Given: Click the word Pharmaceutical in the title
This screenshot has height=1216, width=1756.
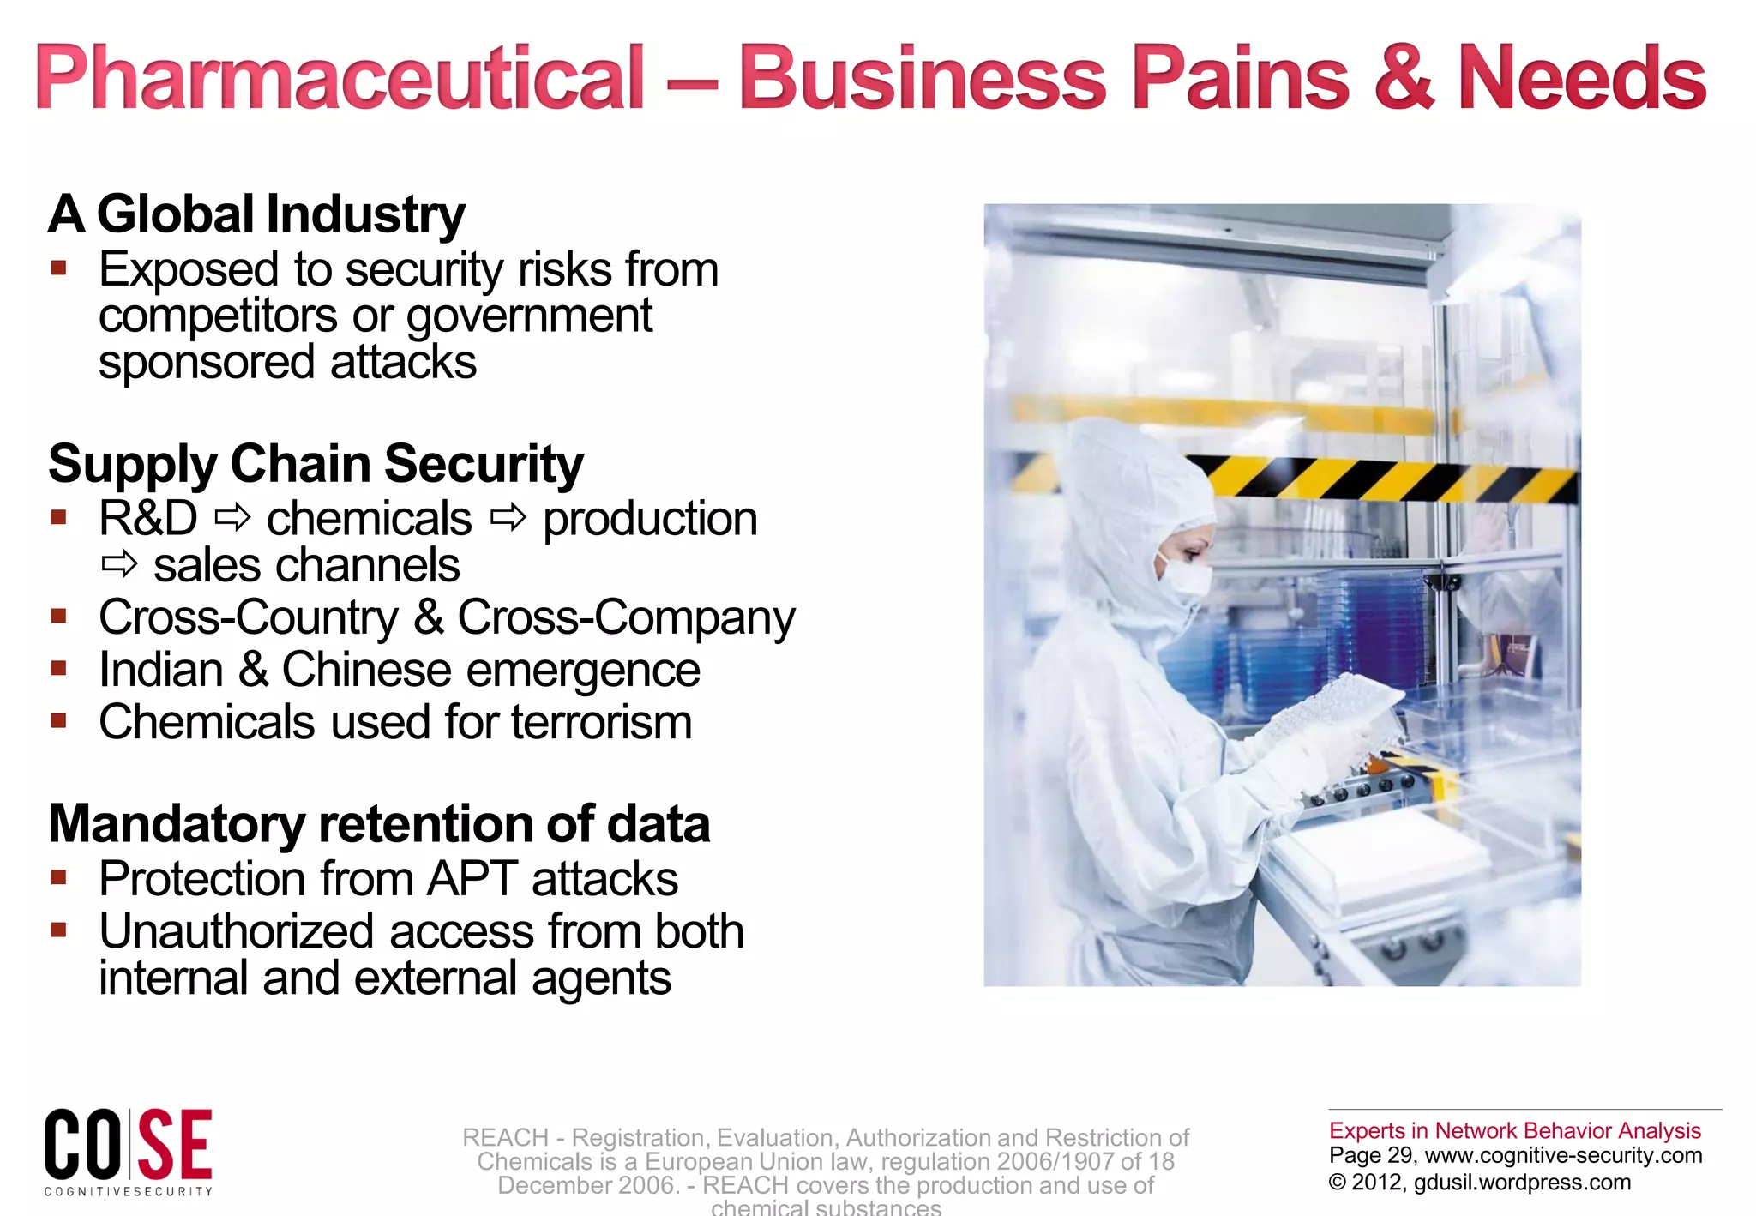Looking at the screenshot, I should [x=339, y=79].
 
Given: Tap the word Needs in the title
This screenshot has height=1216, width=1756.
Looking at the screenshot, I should [x=1582, y=79].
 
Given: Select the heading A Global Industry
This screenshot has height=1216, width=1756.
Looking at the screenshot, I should [x=256, y=214].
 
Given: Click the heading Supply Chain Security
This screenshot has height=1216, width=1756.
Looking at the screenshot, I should [x=316, y=464].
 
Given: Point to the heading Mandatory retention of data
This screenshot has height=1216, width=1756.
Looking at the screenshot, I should [x=379, y=824].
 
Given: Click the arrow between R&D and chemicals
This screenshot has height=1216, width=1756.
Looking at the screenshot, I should [x=232, y=518].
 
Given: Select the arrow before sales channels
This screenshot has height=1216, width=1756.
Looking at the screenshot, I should [x=119, y=564].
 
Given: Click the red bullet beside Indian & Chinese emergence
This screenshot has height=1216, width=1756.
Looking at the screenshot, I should [x=58, y=668].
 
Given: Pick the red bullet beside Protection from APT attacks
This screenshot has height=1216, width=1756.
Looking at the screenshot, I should [x=58, y=877].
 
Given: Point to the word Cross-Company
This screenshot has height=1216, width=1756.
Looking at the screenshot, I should [x=626, y=617].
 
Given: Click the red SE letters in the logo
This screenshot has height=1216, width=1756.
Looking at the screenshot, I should [x=175, y=1145].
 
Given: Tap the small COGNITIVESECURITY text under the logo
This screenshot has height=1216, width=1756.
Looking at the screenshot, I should [x=129, y=1191].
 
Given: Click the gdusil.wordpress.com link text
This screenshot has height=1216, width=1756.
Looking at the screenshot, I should [x=1522, y=1183].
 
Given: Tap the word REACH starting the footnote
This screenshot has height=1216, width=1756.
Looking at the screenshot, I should [x=505, y=1138].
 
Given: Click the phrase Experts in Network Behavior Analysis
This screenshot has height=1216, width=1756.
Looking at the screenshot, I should [x=1514, y=1130].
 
